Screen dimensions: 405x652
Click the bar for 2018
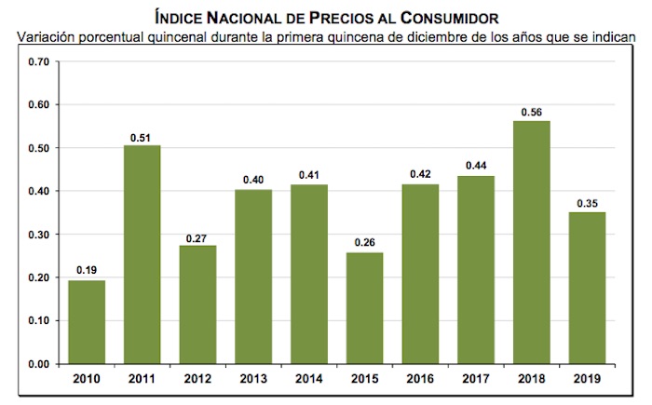click(x=531, y=242)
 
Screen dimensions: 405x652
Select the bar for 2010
click(x=86, y=321)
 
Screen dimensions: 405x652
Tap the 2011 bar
click(x=142, y=254)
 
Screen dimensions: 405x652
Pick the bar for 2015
click(x=364, y=307)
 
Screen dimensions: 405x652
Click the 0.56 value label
click(x=531, y=112)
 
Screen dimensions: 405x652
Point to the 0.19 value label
click(x=86, y=271)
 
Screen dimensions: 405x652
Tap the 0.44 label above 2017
click(x=476, y=166)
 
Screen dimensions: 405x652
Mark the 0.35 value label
click(x=587, y=202)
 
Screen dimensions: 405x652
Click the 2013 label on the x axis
click(x=253, y=378)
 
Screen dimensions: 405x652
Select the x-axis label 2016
click(x=420, y=378)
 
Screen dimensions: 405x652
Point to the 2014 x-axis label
click(x=309, y=378)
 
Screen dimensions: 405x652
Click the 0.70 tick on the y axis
click(x=38, y=62)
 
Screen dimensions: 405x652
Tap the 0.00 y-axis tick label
click(x=38, y=364)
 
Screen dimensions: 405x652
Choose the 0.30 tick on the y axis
click(x=38, y=235)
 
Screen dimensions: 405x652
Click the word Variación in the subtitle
click(x=48, y=37)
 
